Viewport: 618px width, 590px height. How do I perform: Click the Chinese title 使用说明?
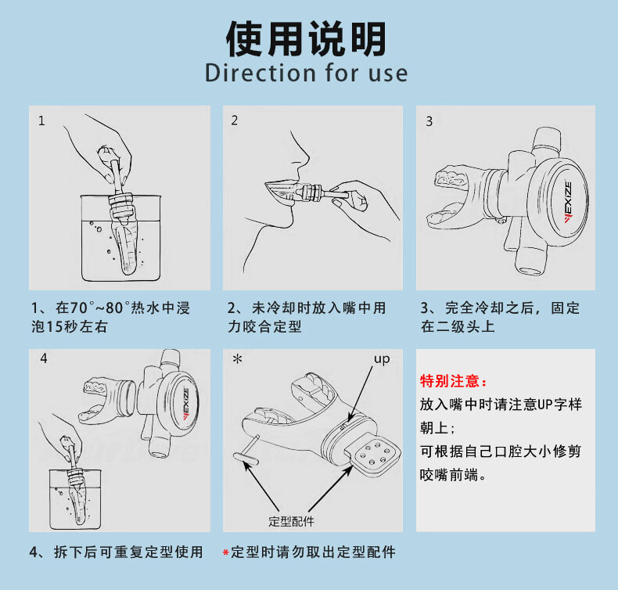(x=306, y=38)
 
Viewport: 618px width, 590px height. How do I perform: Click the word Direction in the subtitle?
(x=260, y=73)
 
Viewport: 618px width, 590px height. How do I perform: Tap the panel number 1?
(x=41, y=121)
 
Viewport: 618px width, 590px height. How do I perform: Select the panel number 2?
(x=235, y=121)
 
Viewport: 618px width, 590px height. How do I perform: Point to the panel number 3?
(x=429, y=121)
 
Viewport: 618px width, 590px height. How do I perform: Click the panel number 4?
(x=44, y=358)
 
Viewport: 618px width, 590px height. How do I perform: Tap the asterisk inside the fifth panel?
(x=237, y=358)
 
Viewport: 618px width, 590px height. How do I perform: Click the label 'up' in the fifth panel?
(x=382, y=359)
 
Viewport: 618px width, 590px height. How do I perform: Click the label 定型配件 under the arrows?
(x=291, y=521)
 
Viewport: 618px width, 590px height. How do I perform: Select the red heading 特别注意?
(x=453, y=381)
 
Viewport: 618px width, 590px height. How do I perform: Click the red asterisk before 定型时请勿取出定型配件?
(x=226, y=552)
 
